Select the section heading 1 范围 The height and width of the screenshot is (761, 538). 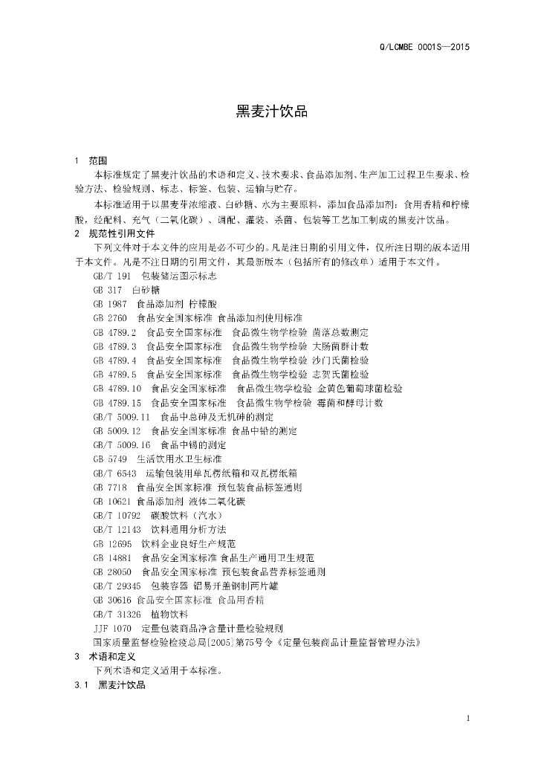[x=91, y=161]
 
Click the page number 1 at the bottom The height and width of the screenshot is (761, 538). [x=468, y=718]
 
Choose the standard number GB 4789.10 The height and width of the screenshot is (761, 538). [x=117, y=388]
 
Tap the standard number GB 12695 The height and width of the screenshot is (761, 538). [x=112, y=543]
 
